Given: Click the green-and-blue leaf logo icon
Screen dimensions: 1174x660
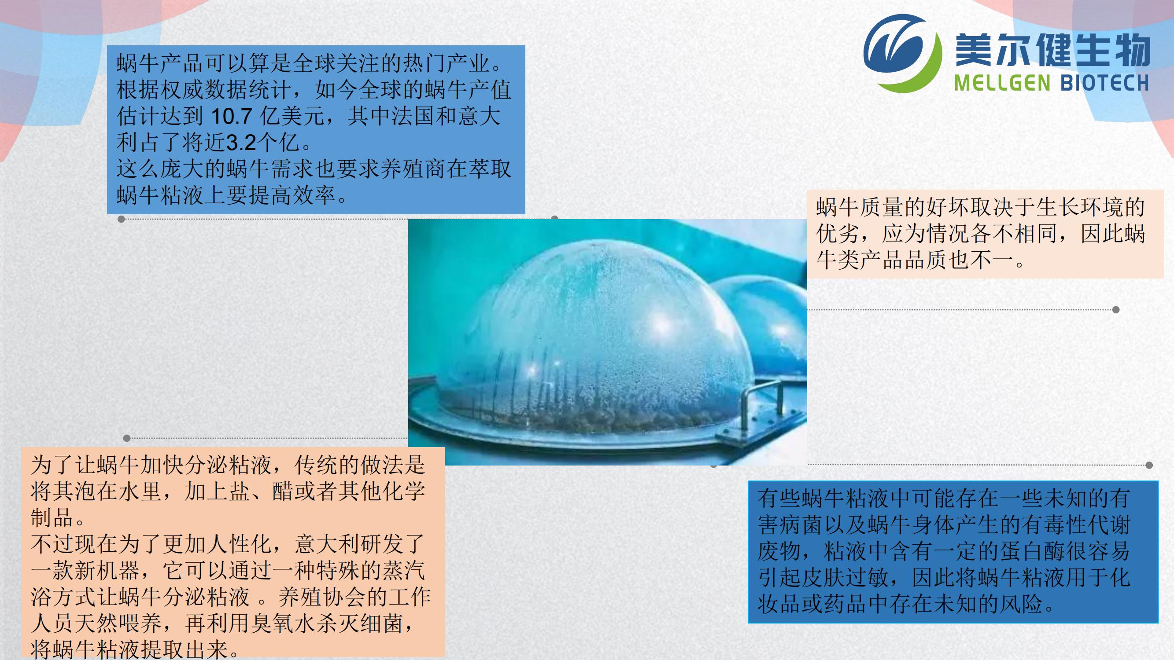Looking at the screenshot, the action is click(x=902, y=54).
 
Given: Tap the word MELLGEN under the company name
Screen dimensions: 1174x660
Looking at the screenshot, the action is click(x=1002, y=83).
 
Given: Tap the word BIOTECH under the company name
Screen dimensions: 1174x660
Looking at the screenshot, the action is click(x=1105, y=83).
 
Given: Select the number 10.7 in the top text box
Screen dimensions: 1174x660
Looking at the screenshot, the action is click(x=231, y=117).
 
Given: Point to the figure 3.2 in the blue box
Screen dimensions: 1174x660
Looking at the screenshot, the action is click(x=241, y=143).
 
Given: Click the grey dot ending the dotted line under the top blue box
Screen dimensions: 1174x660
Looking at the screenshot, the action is click(x=121, y=219).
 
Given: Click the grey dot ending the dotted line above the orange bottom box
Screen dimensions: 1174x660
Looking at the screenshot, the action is click(x=127, y=438).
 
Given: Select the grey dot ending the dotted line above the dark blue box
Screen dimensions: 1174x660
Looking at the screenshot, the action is click(x=1149, y=465).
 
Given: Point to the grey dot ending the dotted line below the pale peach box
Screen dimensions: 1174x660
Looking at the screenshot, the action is click(x=1116, y=310).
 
